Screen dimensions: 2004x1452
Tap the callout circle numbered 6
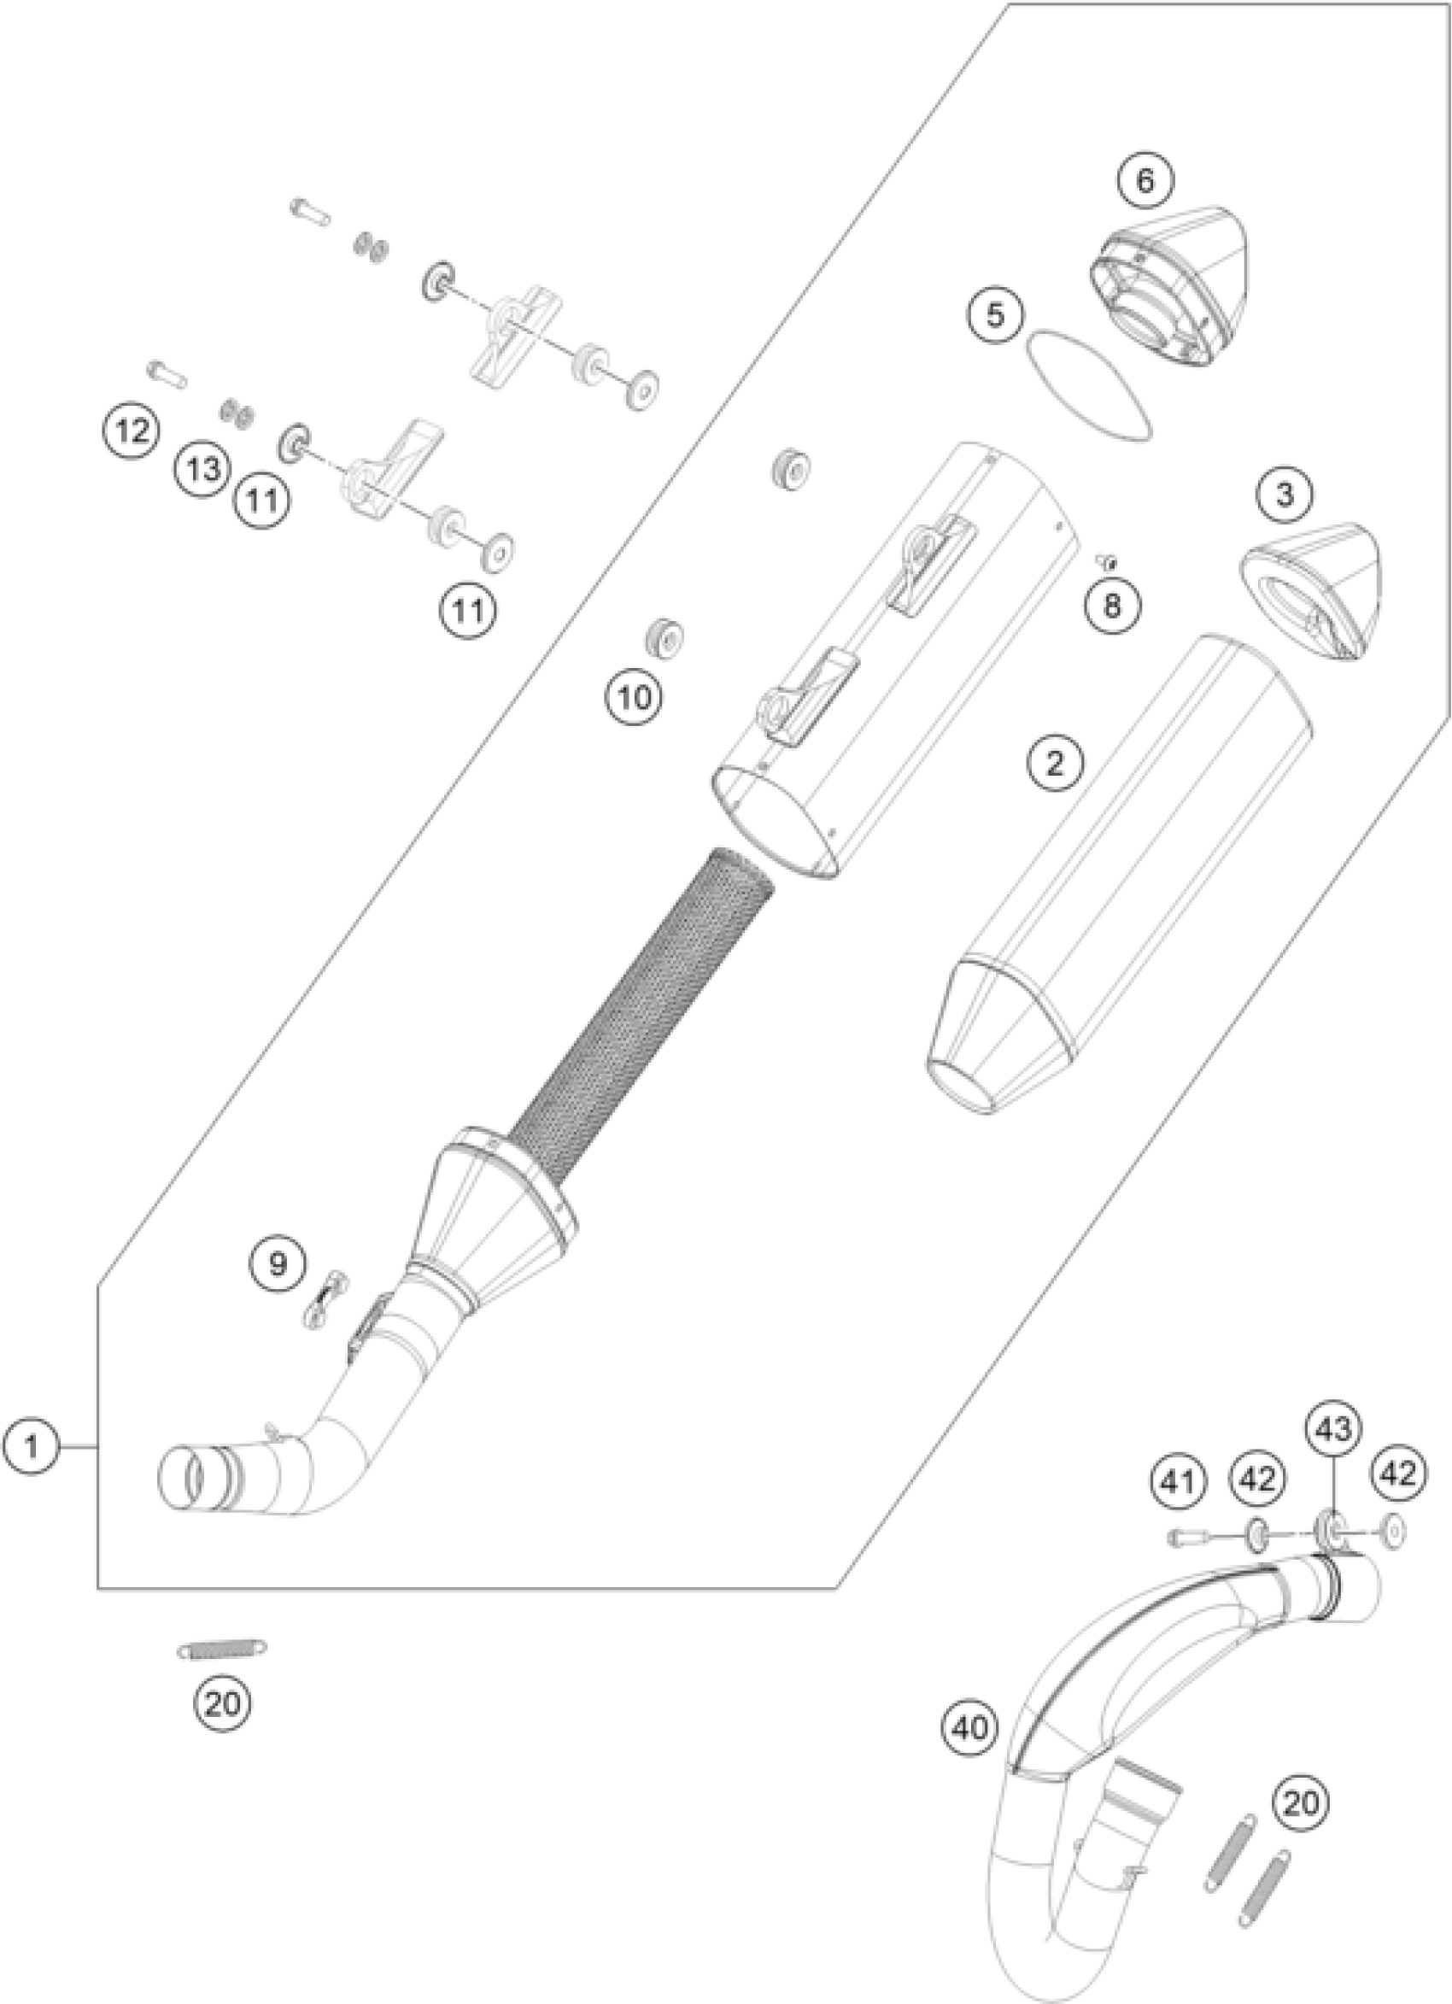point(1145,181)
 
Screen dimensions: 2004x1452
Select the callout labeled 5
point(995,316)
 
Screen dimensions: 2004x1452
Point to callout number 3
point(1284,495)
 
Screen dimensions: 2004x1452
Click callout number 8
point(1111,606)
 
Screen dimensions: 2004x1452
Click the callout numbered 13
point(203,468)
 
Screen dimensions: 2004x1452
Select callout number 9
point(278,1264)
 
